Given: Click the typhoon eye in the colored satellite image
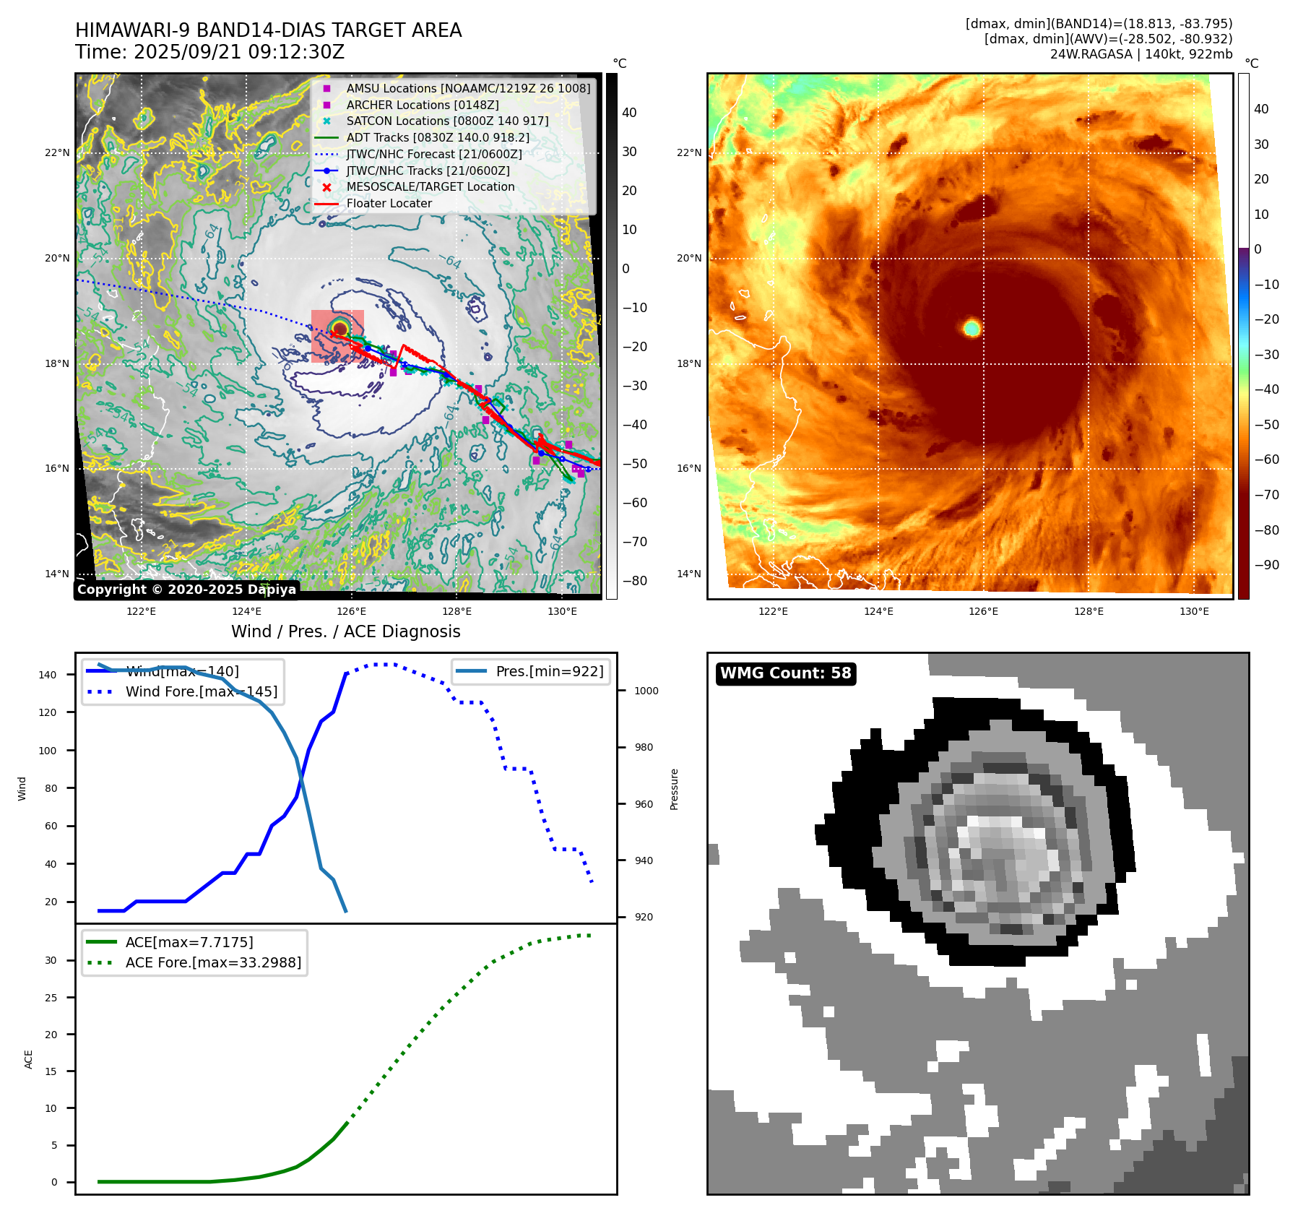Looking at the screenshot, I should click(972, 329).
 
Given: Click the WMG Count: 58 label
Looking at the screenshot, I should click(785, 673).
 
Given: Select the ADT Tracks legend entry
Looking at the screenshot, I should click(438, 137).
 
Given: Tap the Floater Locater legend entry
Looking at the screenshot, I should click(389, 203).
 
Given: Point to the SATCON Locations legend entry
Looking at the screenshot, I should click(447, 121).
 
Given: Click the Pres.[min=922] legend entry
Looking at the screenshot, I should click(549, 671).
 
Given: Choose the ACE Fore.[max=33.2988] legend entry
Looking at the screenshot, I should click(213, 962).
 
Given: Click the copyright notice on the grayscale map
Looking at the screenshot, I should click(186, 590).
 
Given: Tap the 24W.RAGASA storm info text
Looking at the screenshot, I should click(1141, 54).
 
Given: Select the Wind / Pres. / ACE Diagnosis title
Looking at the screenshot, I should click(345, 631).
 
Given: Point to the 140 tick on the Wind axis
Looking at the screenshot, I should click(48, 675).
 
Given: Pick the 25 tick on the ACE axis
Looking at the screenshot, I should click(51, 998).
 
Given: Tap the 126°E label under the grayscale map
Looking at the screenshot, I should click(352, 611).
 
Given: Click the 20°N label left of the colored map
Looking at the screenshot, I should click(688, 258).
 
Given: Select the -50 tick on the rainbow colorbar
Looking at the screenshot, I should click(1266, 424).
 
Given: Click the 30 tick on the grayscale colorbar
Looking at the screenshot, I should click(629, 152).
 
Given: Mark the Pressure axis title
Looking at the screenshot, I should click(674, 789).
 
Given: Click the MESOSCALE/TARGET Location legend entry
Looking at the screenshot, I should click(430, 186).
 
